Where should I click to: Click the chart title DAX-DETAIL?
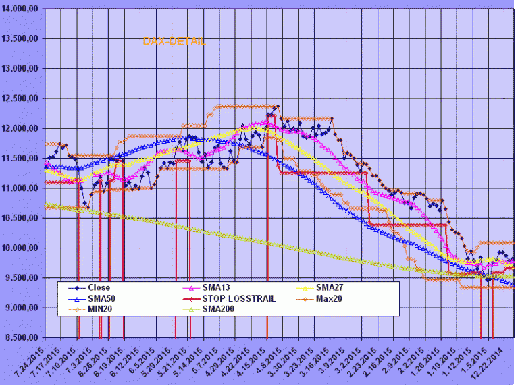click(x=174, y=42)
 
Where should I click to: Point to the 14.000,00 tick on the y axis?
click(x=23, y=9)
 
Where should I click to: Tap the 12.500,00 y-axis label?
click(x=23, y=99)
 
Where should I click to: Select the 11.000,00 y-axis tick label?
click(x=23, y=188)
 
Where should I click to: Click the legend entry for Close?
click(x=99, y=288)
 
